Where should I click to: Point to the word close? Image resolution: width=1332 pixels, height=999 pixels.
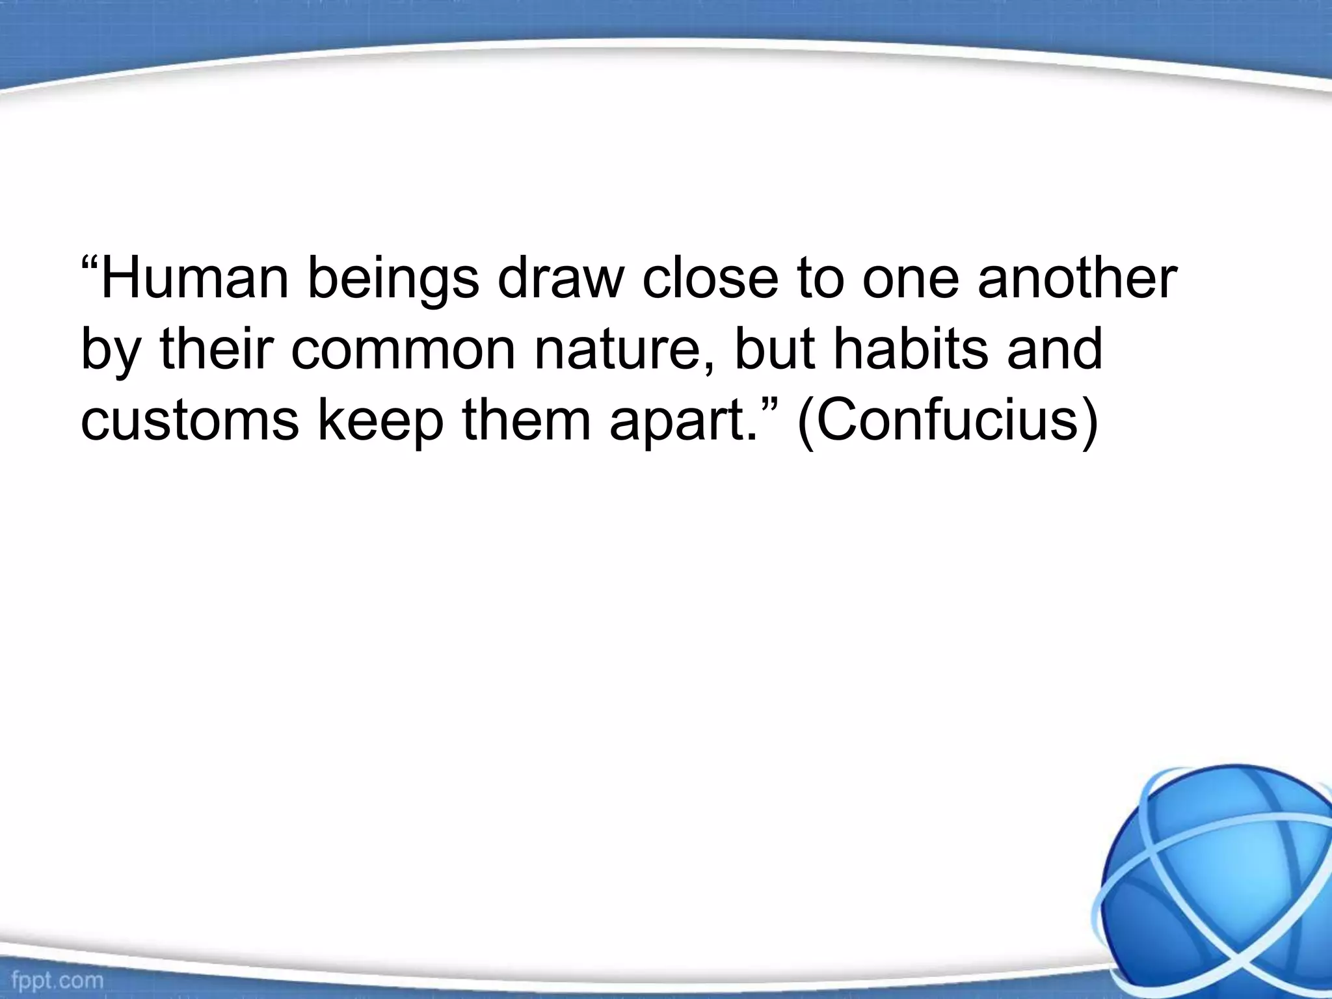click(x=710, y=278)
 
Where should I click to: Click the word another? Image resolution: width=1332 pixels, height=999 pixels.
click(x=1077, y=278)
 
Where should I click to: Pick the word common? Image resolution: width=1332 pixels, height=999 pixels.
click(x=403, y=350)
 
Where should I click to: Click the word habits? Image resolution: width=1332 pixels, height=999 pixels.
click(x=911, y=349)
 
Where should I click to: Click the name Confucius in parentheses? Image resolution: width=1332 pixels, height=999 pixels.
click(x=947, y=420)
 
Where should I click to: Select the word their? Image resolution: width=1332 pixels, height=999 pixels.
click(x=215, y=349)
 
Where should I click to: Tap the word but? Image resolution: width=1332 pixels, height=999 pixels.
click(x=775, y=349)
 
